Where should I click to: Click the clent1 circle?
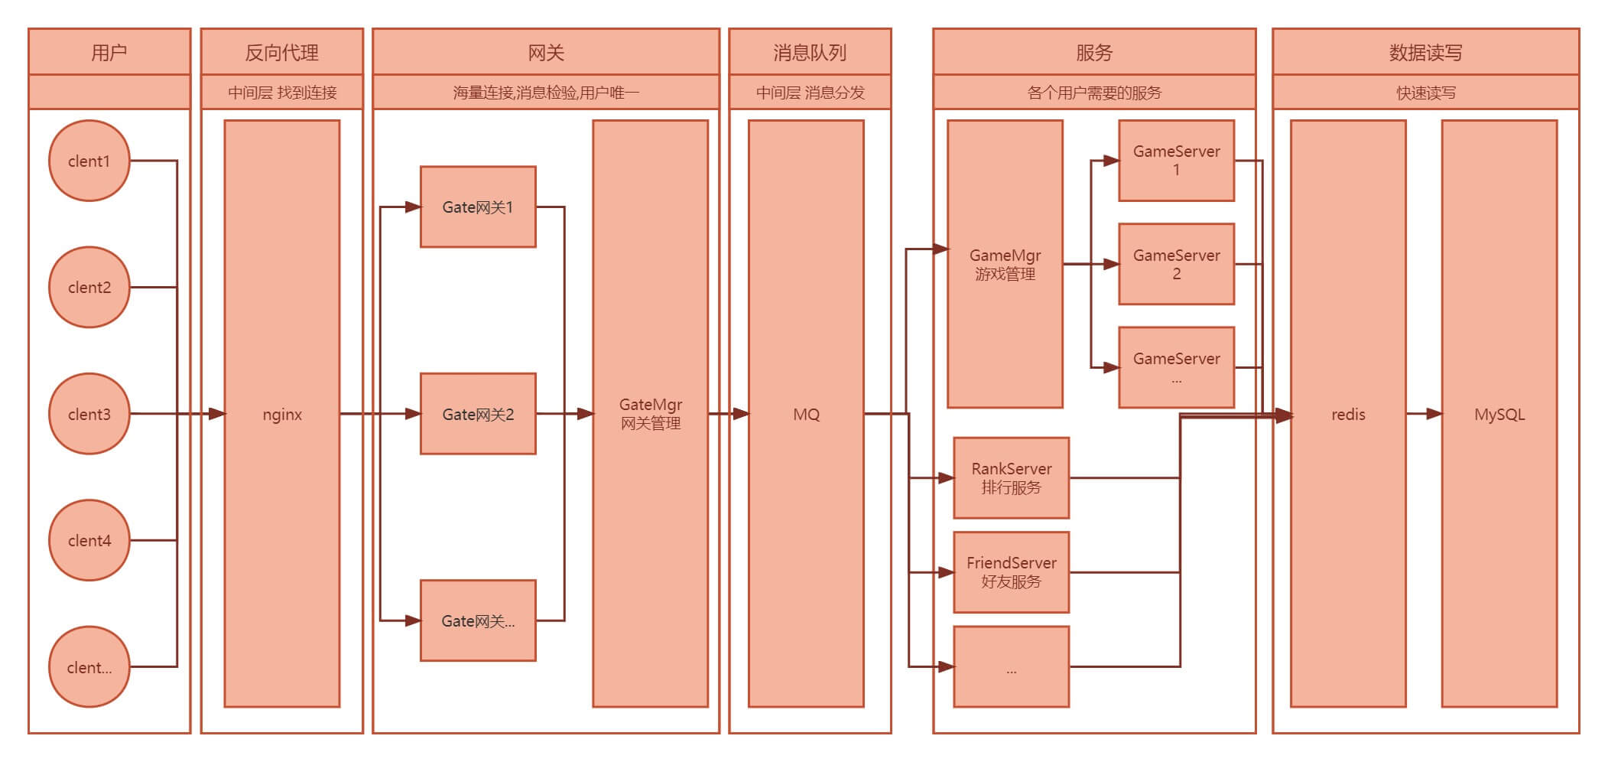[x=89, y=161]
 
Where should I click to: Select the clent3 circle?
[x=89, y=414]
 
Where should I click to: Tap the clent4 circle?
[x=89, y=540]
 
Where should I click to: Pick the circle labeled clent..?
[x=89, y=667]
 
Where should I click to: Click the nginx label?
[x=282, y=415]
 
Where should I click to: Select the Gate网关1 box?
[x=478, y=207]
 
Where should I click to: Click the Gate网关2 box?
[x=478, y=414]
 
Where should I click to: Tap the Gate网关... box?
[x=478, y=620]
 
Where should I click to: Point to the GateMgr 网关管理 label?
[x=651, y=414]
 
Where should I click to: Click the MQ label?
[x=806, y=415]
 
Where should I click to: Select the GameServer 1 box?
[x=1176, y=161]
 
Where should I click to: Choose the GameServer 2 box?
[x=1176, y=264]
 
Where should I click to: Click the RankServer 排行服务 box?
[x=1011, y=477]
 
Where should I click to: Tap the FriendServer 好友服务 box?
[x=1011, y=571]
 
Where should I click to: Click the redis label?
[x=1347, y=415]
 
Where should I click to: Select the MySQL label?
[x=1499, y=415]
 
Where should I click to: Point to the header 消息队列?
[x=810, y=53]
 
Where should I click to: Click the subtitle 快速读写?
[x=1425, y=93]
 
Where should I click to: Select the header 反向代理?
[x=281, y=53]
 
